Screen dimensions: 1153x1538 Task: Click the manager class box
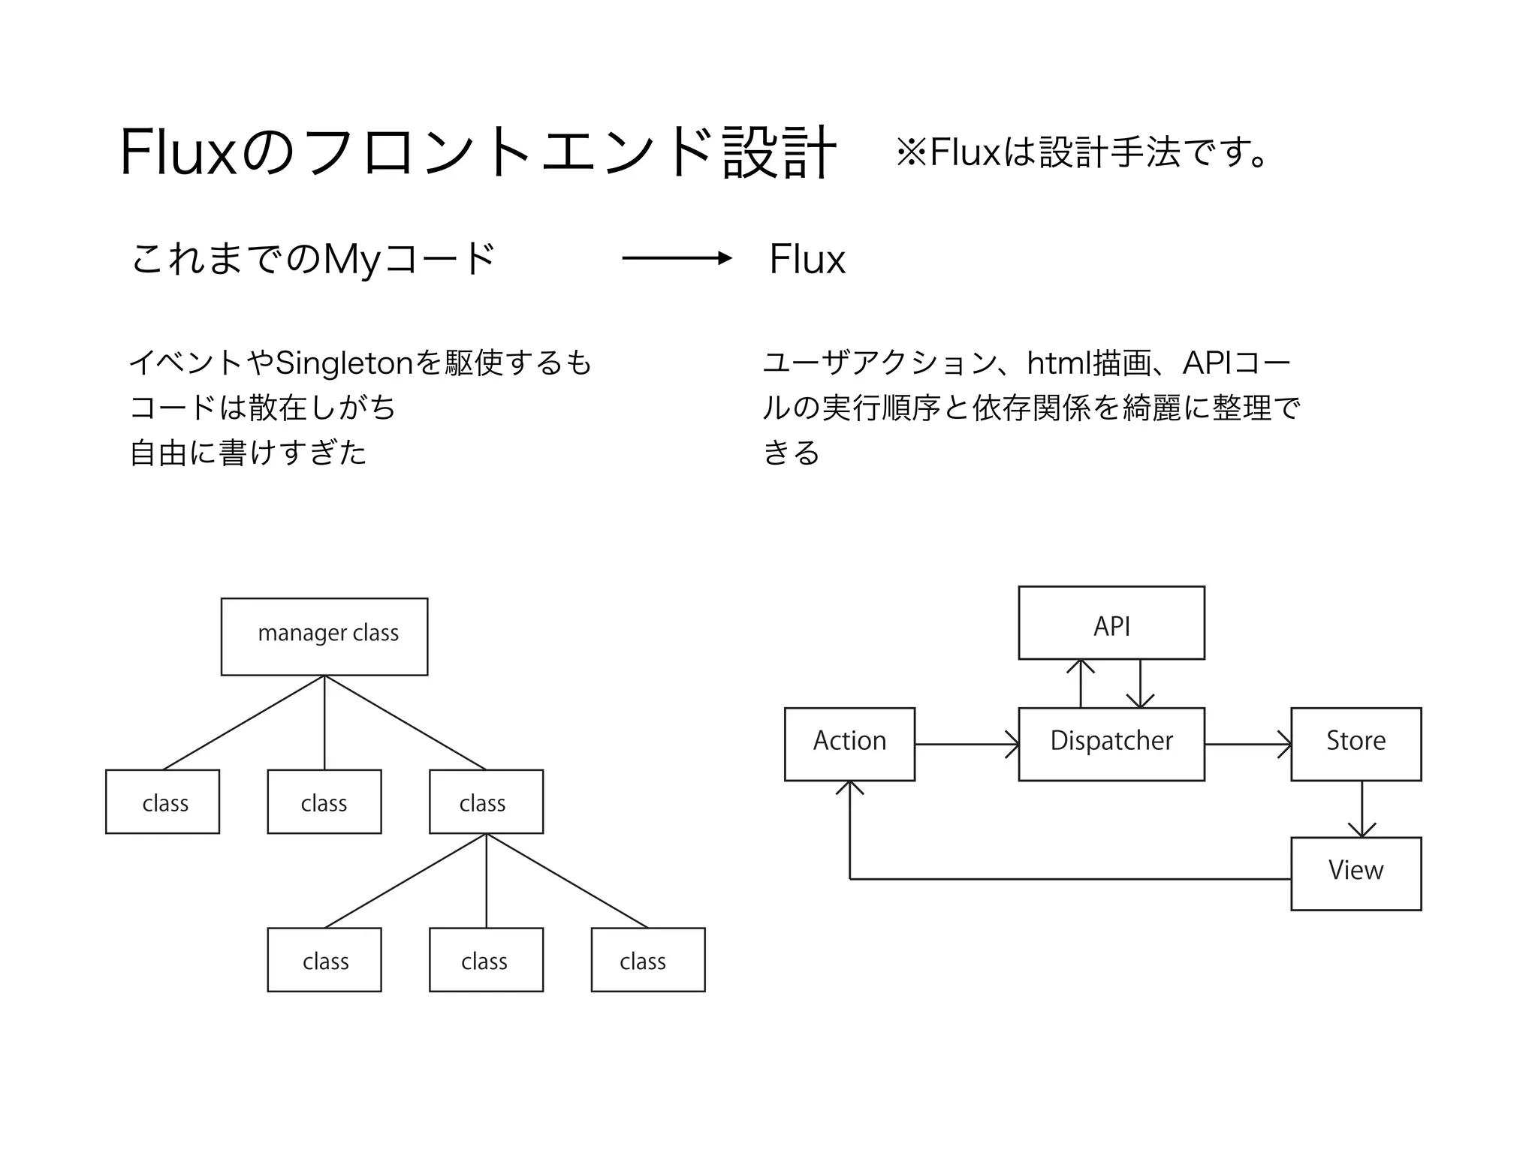coord(324,637)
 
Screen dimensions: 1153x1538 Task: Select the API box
coord(1111,623)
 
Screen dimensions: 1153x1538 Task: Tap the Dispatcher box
coord(1111,744)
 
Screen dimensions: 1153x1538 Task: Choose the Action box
coord(849,744)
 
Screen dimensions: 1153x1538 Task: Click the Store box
coord(1356,744)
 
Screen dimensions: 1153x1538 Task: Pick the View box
coord(1356,874)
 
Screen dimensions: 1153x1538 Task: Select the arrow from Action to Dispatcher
coord(967,744)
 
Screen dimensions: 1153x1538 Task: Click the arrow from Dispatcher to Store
coord(1247,744)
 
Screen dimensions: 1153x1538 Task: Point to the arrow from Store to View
coord(1362,809)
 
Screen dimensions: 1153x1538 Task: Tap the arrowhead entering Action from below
coord(849,788)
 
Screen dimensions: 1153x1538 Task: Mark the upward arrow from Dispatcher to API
coord(1081,683)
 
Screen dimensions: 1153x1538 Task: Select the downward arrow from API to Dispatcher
coord(1140,683)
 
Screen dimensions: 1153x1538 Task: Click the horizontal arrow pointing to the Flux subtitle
coord(676,258)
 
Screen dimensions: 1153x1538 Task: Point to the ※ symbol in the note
coord(912,152)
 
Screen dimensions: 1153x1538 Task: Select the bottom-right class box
coord(647,959)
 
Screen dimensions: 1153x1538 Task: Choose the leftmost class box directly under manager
coord(162,802)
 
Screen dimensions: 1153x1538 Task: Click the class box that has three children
coord(486,802)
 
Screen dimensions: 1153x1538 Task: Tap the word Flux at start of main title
coord(179,153)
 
